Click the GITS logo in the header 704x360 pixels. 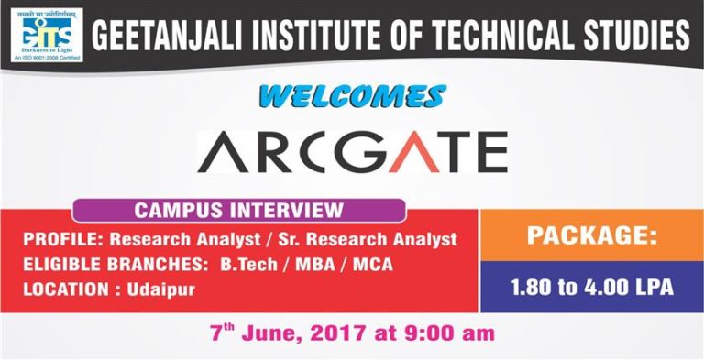pos(43,34)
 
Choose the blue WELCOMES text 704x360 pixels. pos(352,95)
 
